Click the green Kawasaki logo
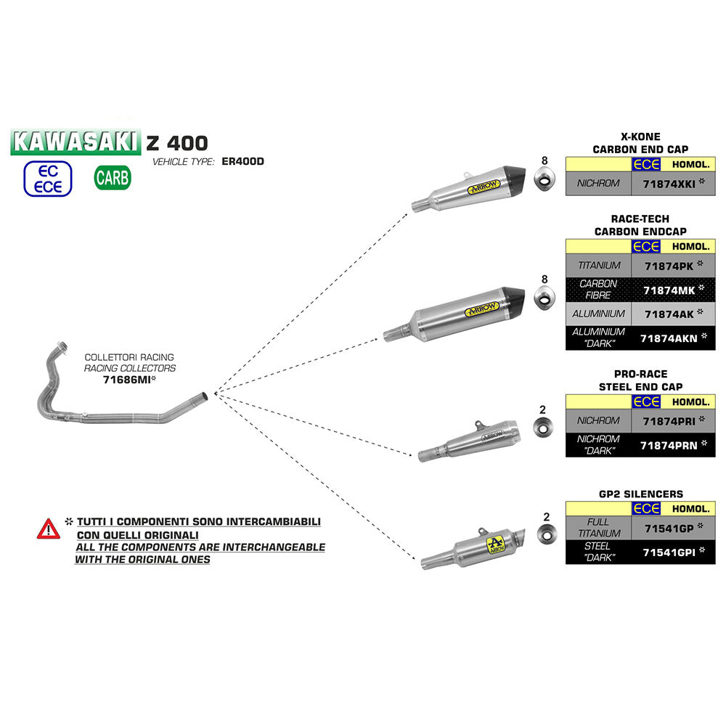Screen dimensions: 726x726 coord(76,142)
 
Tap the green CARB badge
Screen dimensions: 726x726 coord(113,177)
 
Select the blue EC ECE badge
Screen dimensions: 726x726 coord(49,179)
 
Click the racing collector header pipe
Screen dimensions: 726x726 coord(109,403)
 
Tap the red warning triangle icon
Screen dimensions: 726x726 coord(49,529)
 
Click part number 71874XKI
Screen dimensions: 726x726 coord(669,184)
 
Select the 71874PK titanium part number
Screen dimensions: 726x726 coord(669,265)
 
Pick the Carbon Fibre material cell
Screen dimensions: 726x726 coord(598,290)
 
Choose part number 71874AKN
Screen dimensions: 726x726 coord(669,338)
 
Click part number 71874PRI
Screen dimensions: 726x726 coord(669,420)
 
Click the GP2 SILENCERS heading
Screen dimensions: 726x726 coord(641,494)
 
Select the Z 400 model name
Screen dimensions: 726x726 coord(177,142)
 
